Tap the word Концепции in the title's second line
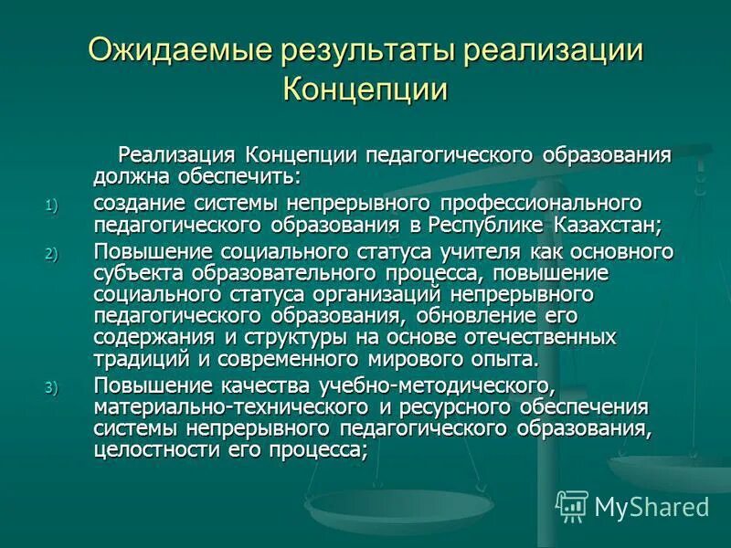pos(365,90)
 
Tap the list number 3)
pos(50,387)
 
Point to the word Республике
pos(491,225)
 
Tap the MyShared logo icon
pos(572,505)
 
